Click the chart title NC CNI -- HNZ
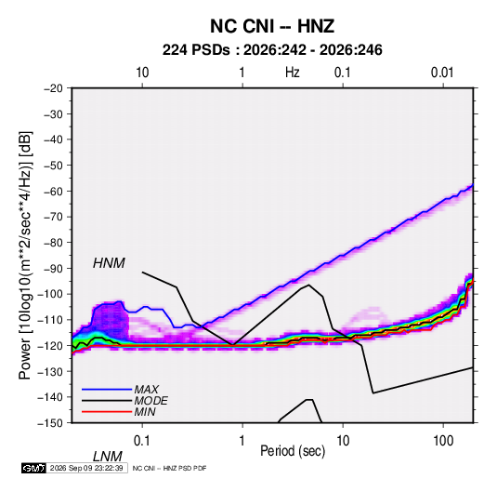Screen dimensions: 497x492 pyautogui.click(x=272, y=26)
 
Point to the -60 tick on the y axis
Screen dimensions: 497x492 pyautogui.click(x=53, y=191)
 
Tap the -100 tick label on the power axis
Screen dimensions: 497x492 pyautogui.click(x=50, y=294)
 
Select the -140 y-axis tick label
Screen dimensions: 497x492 pyautogui.click(x=50, y=397)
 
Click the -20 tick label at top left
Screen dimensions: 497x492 pyautogui.click(x=53, y=88)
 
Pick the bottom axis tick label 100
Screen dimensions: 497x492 pyautogui.click(x=443, y=441)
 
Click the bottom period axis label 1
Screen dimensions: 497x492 pyautogui.click(x=242, y=441)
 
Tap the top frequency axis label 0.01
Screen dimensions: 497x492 pyautogui.click(x=442, y=73)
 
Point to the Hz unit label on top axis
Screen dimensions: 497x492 pyautogui.click(x=293, y=73)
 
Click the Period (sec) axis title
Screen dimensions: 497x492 pyautogui.click(x=293, y=451)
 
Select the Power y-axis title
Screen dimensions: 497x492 pyautogui.click(x=25, y=255)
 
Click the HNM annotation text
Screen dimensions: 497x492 pyautogui.click(x=109, y=263)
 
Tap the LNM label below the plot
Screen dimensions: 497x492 pyautogui.click(x=107, y=457)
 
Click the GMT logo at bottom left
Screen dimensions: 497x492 pyautogui.click(x=34, y=468)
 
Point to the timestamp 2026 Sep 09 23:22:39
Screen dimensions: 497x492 pyautogui.click(x=86, y=468)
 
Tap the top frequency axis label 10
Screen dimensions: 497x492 pyautogui.click(x=142, y=73)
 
